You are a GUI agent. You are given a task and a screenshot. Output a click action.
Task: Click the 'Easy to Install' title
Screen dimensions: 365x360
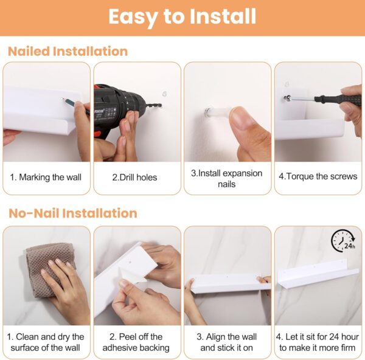(x=182, y=17)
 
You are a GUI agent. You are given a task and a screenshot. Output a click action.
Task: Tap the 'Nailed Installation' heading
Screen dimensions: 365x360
(x=68, y=51)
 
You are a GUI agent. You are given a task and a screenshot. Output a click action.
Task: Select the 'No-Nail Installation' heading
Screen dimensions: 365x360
(x=72, y=213)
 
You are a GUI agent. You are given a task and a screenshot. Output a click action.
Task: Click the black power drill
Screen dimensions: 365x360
(x=121, y=111)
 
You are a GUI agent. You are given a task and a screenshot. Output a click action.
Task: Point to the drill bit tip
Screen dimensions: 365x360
(x=161, y=106)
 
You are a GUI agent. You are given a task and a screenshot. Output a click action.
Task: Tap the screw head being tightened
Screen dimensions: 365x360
(x=288, y=98)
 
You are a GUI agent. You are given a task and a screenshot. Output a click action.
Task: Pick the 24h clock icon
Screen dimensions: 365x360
(x=343, y=241)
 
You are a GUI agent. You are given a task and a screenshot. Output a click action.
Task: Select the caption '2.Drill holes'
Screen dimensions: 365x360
(x=134, y=178)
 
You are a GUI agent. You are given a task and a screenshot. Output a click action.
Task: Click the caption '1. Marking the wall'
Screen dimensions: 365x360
(x=46, y=177)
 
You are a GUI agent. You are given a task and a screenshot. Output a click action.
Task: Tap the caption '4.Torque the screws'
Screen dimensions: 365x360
(x=318, y=176)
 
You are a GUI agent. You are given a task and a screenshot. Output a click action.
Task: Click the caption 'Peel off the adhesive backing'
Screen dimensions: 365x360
(x=136, y=342)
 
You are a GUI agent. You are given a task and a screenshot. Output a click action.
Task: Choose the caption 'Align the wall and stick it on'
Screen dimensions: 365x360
(x=227, y=342)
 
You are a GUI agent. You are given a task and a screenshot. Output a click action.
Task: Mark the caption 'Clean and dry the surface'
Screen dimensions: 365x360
(x=46, y=342)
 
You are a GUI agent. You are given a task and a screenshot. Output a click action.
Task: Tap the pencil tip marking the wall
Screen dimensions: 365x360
(x=63, y=99)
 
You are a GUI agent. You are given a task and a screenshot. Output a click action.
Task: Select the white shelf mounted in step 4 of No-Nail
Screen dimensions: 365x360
(x=318, y=274)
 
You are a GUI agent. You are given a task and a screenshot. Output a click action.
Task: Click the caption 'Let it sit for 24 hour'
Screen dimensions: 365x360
(x=318, y=337)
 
